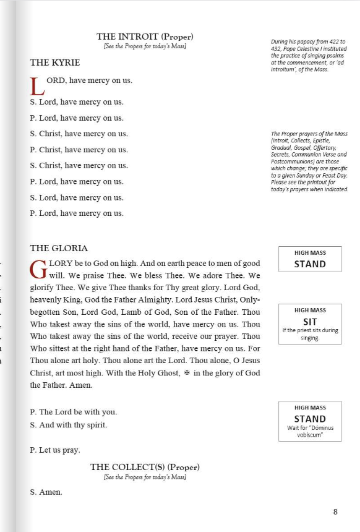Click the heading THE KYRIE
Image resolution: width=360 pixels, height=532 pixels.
(55, 62)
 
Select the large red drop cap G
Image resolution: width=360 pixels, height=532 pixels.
(38, 269)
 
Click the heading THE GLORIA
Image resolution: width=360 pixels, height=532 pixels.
(59, 248)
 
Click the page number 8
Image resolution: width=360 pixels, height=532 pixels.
(335, 512)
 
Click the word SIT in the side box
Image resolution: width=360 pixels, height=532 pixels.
(310, 321)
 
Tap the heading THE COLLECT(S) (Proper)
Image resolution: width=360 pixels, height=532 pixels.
(145, 467)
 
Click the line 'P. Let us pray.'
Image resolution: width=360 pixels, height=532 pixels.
(54, 450)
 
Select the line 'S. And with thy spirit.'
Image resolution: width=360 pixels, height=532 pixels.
(69, 425)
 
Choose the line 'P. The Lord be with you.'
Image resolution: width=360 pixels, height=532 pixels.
(73, 412)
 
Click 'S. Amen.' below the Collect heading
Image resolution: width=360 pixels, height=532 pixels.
(46, 492)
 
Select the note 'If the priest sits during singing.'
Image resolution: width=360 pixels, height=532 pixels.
(310, 334)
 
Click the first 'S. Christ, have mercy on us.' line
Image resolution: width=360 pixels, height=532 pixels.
(79, 134)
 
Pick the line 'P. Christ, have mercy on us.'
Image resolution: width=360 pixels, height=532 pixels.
(79, 150)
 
